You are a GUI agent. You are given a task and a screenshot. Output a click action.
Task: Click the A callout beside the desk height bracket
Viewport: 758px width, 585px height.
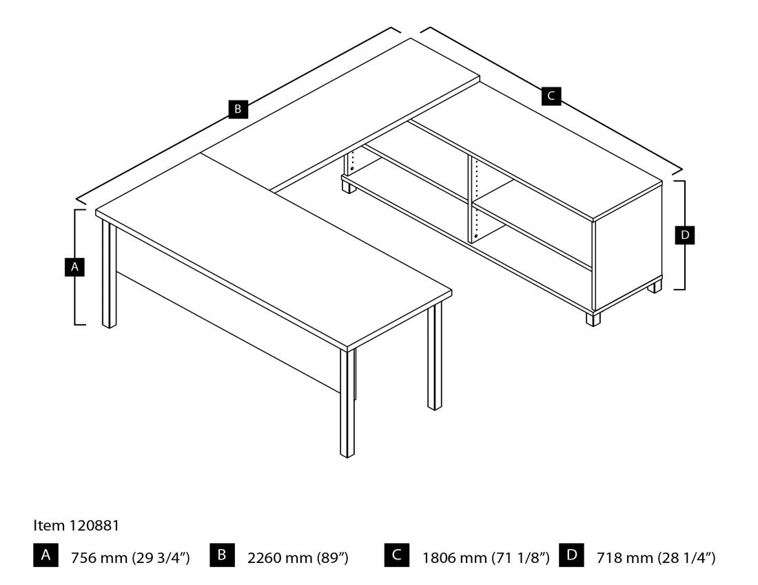tap(74, 267)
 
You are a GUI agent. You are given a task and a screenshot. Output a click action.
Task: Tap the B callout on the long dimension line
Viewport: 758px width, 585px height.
tap(238, 109)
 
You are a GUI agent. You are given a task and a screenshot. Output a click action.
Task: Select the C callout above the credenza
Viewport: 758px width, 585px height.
tap(551, 96)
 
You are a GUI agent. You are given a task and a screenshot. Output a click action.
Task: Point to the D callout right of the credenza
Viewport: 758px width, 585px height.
tap(684, 235)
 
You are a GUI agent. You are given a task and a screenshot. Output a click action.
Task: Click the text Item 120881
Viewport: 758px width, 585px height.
tap(76, 525)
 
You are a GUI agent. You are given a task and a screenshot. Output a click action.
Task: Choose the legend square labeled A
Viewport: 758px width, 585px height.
tap(46, 555)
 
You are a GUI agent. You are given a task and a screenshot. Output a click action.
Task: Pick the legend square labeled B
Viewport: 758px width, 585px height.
tap(222, 555)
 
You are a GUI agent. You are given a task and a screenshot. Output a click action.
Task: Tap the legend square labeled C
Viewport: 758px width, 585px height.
tap(397, 555)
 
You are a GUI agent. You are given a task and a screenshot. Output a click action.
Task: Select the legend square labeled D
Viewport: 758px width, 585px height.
tap(571, 555)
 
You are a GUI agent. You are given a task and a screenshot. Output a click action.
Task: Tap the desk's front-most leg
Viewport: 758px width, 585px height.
tap(347, 403)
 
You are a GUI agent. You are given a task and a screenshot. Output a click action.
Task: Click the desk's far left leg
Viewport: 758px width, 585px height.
tap(110, 274)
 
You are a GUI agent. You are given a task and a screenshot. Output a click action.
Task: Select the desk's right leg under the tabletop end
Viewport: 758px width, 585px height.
tap(435, 357)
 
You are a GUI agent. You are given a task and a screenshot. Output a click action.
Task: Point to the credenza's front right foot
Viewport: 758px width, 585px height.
tap(593, 319)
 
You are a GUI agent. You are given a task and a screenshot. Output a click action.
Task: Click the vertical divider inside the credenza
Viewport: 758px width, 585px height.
tap(471, 199)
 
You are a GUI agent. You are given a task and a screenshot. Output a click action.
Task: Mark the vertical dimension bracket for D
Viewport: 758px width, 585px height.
tap(681, 235)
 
